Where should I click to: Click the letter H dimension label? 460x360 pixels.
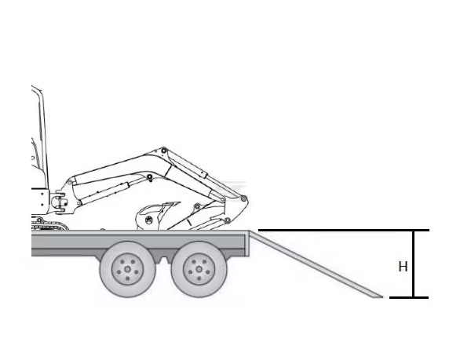tap(403, 267)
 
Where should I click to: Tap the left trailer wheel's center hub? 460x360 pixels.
tap(128, 270)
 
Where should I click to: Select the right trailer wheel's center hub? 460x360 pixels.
tap(199, 270)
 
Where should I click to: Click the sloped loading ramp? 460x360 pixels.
tap(316, 264)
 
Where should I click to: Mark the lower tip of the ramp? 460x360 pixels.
tap(382, 297)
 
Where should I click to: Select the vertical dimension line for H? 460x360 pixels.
tap(414, 264)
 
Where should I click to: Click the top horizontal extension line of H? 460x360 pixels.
tap(344, 231)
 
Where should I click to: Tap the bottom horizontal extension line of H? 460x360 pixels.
tap(409, 297)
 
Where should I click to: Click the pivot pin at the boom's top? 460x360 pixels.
tap(164, 151)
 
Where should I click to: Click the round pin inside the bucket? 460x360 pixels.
tap(149, 219)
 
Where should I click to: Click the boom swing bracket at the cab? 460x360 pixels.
tap(60, 202)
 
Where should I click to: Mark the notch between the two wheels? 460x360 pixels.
tap(163, 260)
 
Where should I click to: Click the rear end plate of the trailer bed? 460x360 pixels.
tap(247, 243)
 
